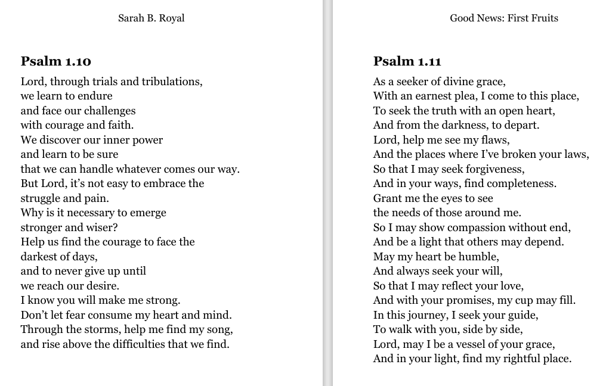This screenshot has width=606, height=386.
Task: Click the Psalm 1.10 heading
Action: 55,61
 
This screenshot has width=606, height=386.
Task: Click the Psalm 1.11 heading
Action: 407,61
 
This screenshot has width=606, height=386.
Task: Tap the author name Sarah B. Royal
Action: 151,18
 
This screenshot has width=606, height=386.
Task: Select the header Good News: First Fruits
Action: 504,18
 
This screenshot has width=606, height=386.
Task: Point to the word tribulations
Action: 168,82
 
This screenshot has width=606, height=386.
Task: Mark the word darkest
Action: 40,256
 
